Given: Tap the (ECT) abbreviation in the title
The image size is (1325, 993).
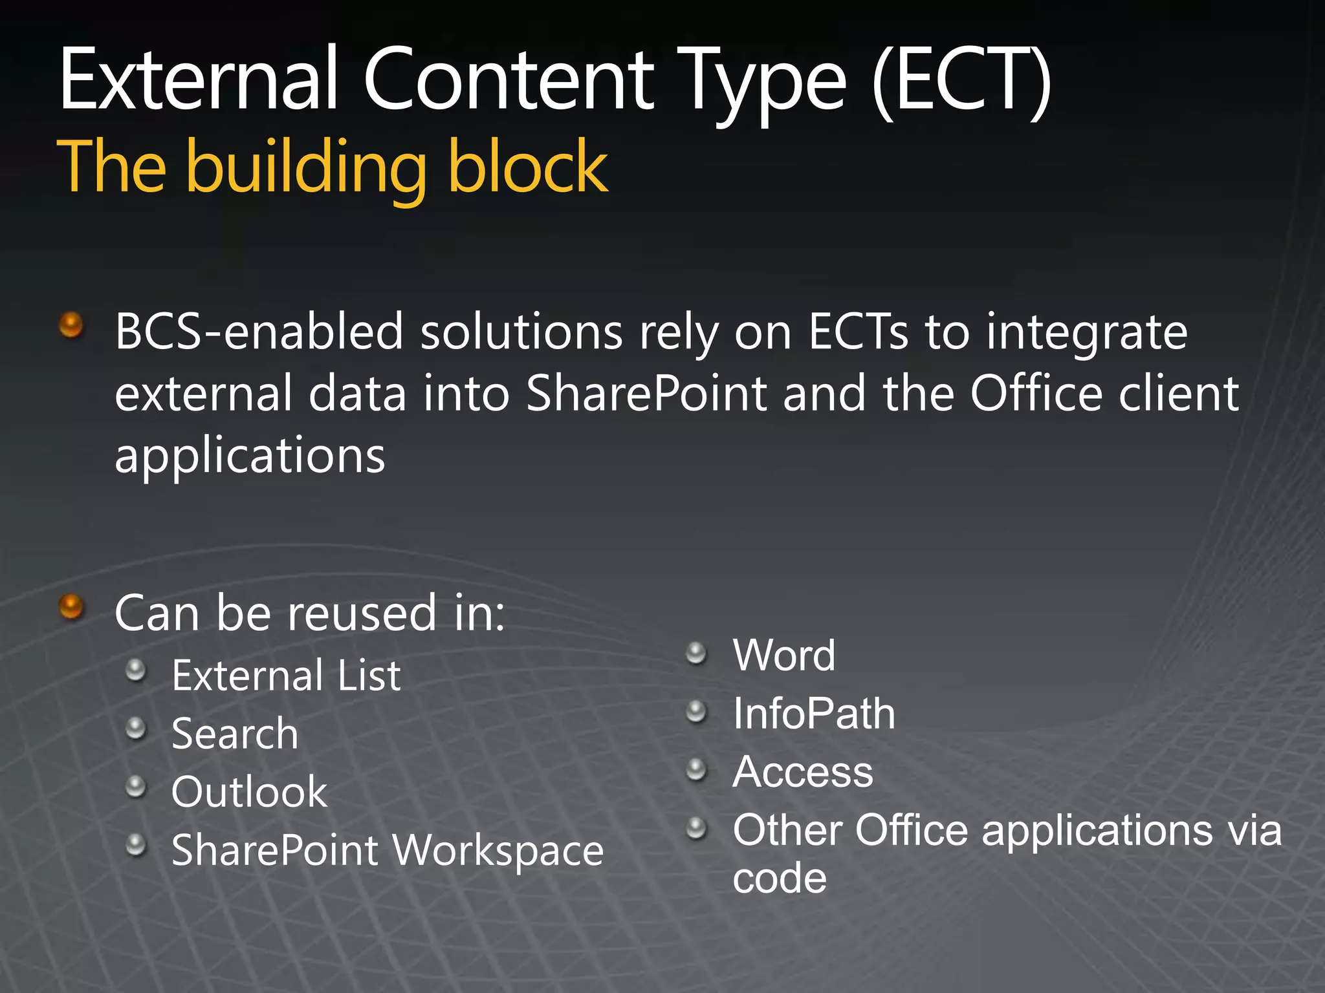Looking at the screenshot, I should coord(961,81).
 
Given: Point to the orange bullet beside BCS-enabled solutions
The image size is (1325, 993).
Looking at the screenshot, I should coord(71,325).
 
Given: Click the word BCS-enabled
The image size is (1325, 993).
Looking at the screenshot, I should coord(259,332).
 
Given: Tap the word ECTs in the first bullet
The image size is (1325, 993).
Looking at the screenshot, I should coord(858,332).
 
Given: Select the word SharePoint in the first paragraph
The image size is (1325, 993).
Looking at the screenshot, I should coord(646,394).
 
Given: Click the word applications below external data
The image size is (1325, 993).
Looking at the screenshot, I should coord(250,456).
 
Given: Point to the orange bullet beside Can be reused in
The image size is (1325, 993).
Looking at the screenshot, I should coord(71,606).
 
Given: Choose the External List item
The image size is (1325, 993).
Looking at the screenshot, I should coord(286,676).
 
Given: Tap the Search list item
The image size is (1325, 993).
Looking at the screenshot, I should coord(235,734).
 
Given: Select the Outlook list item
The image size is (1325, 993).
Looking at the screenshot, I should coord(249,792).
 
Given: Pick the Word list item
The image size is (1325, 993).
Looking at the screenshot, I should coord(783,656).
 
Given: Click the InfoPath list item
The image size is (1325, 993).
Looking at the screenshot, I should coord(814,714).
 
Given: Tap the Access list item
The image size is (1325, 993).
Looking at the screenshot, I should coord(802,772).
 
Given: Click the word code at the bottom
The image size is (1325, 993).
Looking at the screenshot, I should coord(779,879).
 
